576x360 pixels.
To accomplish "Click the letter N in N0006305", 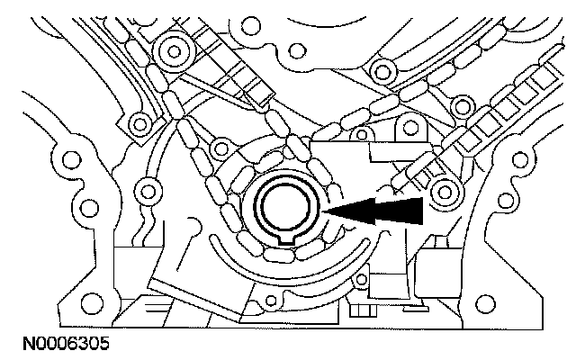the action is [13, 343].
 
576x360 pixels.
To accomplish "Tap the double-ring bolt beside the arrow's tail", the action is [443, 191].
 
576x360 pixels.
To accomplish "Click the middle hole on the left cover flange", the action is [87, 209].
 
